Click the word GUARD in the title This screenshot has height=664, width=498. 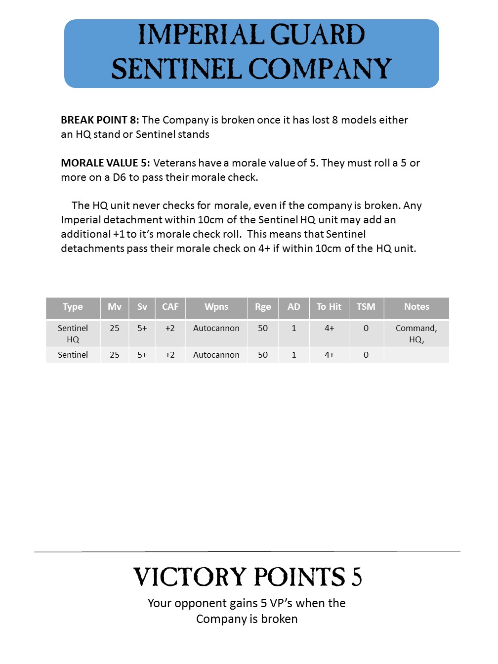click(x=317, y=35)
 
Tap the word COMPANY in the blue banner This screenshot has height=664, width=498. click(x=320, y=69)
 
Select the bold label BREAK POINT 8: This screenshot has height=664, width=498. click(x=100, y=120)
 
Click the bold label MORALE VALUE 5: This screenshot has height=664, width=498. click(x=105, y=163)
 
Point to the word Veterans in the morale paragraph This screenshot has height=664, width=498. click(x=175, y=163)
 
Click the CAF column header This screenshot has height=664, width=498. click(x=170, y=307)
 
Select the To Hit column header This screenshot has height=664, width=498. click(x=329, y=307)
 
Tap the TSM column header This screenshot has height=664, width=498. click(x=366, y=307)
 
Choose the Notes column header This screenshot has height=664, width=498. click(x=416, y=307)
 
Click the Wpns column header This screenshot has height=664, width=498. click(x=216, y=307)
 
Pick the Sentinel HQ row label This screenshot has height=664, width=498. click(x=73, y=333)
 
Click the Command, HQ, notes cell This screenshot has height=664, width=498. click(x=416, y=333)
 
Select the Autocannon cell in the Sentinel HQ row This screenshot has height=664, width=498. click(x=216, y=328)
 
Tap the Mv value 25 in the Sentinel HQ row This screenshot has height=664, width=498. click(x=115, y=328)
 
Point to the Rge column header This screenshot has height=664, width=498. click(x=263, y=307)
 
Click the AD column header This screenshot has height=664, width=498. click(x=294, y=307)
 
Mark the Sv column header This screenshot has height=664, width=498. click(x=142, y=307)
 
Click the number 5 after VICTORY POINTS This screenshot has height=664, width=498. click(x=357, y=577)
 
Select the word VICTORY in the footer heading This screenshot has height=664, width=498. click(x=190, y=577)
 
